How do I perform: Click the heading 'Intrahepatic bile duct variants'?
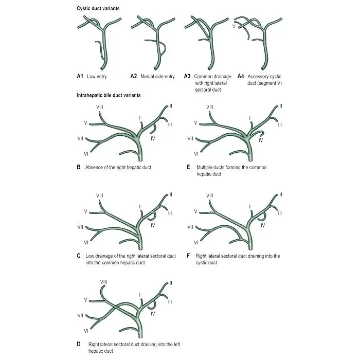tap(109, 95)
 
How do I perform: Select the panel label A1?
tap(80, 76)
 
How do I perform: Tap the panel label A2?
tap(134, 76)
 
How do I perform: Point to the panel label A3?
tap(187, 76)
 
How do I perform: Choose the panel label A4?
tap(241, 76)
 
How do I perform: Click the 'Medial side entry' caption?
tap(157, 76)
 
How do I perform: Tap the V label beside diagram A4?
tap(234, 26)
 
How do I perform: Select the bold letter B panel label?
tap(78, 167)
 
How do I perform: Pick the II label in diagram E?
tap(281, 106)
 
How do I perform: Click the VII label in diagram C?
tap(80, 227)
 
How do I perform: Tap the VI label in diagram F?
tap(196, 242)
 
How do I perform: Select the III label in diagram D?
tap(170, 301)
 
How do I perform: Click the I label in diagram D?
tap(139, 294)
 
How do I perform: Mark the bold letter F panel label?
tap(189, 256)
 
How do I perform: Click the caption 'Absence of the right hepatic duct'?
tap(118, 167)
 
